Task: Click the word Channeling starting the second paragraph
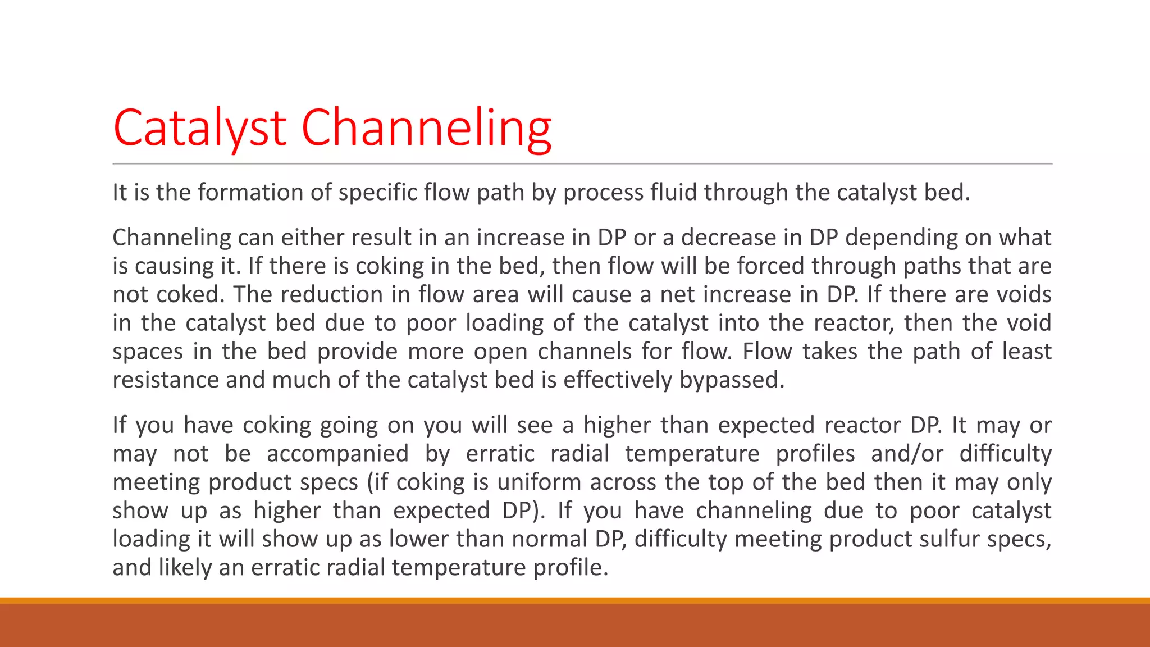click(171, 238)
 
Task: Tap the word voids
click(1024, 294)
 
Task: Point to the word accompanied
click(337, 454)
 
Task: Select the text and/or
click(907, 454)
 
